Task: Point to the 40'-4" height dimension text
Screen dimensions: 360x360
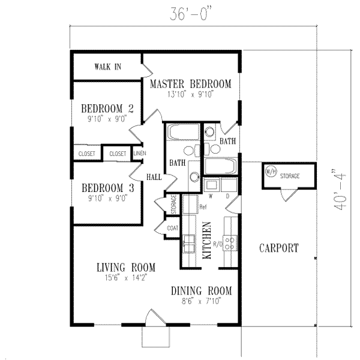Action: [x=343, y=190]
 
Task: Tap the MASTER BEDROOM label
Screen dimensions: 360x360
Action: [x=191, y=83]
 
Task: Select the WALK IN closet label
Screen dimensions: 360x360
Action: [x=108, y=67]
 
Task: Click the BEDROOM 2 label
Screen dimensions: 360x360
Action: [x=107, y=109]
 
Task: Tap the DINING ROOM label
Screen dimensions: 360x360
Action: [x=200, y=291]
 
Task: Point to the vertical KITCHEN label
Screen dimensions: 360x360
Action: [x=206, y=240]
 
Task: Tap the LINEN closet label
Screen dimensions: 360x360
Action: [x=137, y=154]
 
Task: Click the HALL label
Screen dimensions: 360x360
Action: [x=154, y=176]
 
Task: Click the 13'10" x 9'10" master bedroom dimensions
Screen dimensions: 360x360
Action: [x=191, y=94]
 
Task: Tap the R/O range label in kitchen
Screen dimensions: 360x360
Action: [x=217, y=244]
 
